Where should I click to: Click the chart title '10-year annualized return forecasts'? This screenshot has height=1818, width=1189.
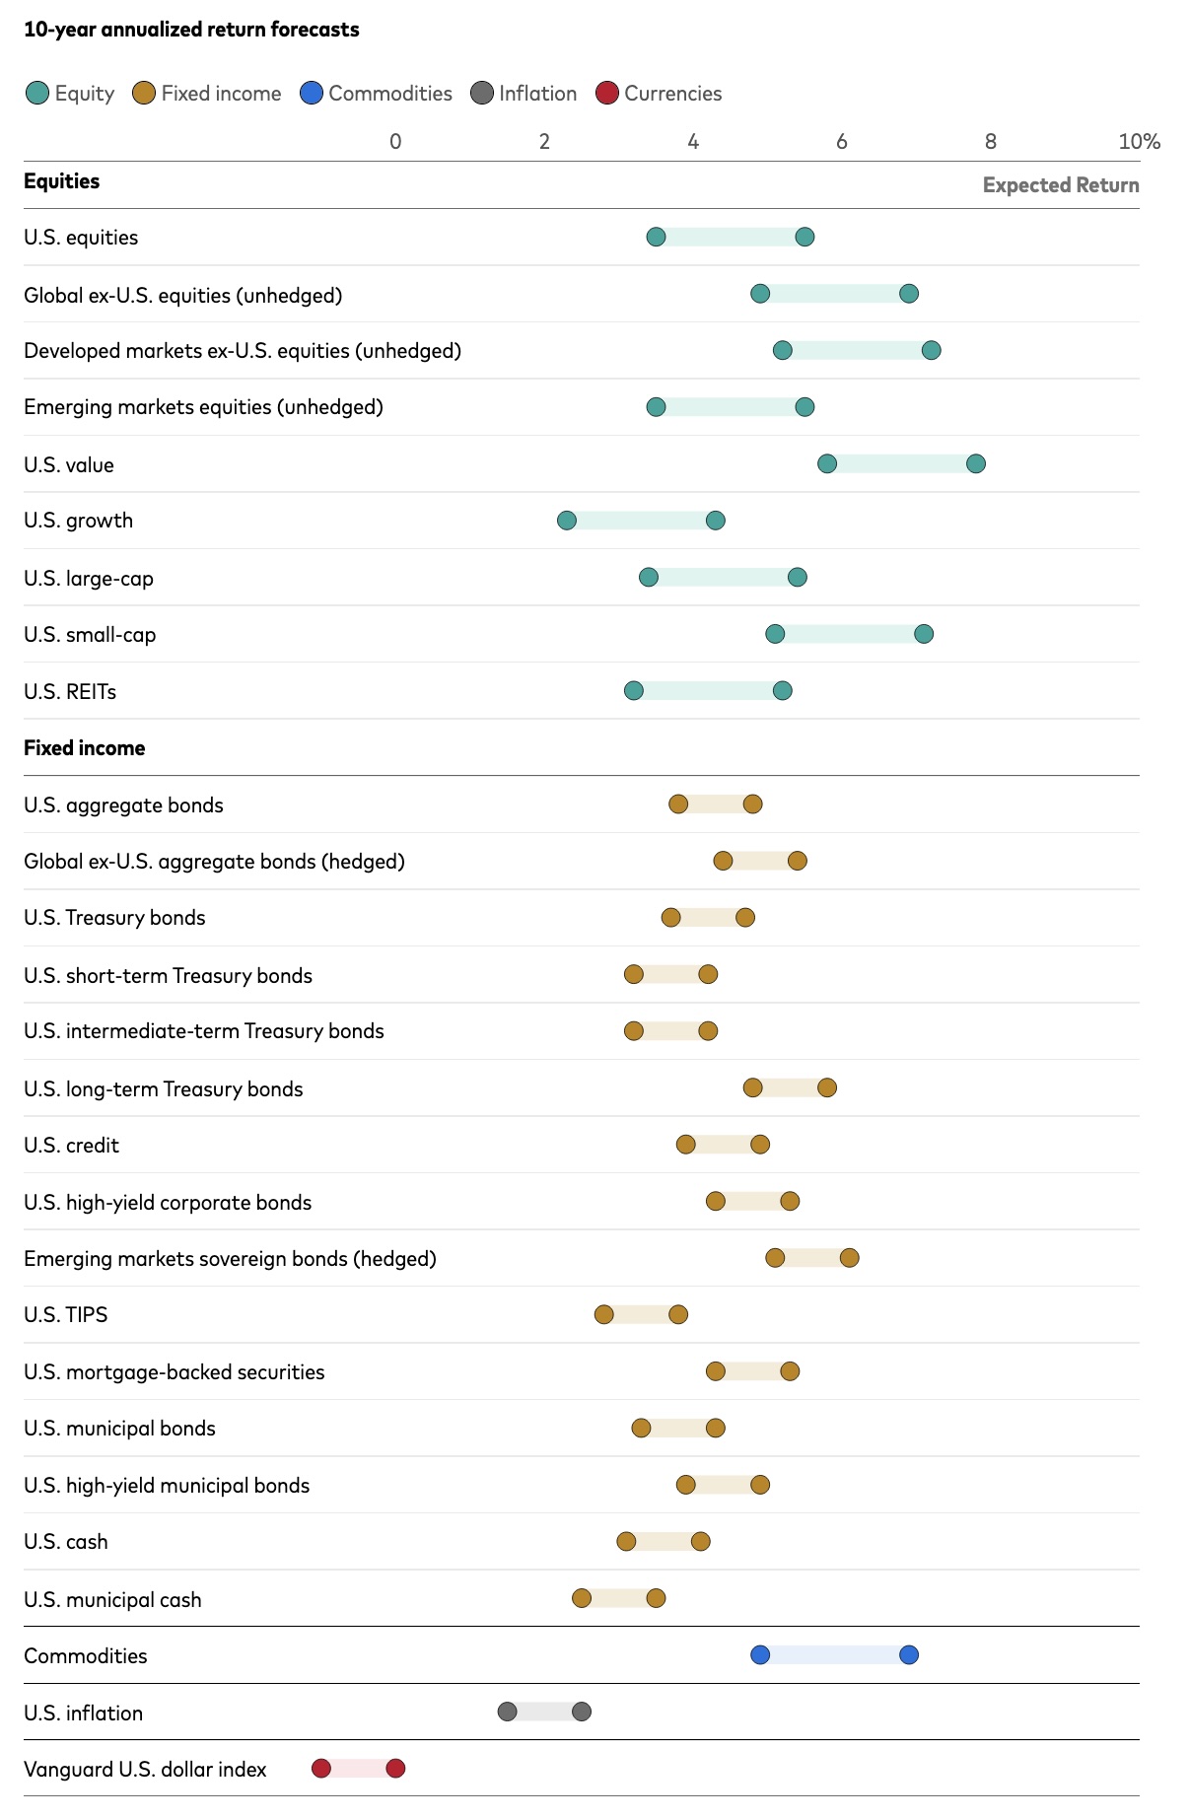191,30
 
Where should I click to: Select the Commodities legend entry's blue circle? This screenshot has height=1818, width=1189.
312,94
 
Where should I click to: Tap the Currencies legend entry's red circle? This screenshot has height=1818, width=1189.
607,94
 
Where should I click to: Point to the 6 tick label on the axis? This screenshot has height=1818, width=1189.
842,141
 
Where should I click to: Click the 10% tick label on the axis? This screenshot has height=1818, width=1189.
1139,141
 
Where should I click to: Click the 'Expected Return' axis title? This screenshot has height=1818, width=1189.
1061,185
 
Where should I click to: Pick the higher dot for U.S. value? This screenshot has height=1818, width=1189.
976,463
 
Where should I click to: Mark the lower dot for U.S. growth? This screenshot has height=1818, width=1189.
567,521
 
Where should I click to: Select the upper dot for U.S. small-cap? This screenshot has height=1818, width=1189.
924,634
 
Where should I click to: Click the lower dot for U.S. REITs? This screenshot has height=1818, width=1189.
634,691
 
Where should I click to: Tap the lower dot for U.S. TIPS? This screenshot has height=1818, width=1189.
604,1314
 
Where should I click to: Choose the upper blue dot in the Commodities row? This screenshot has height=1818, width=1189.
909,1654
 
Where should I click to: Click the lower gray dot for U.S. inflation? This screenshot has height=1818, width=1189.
508,1712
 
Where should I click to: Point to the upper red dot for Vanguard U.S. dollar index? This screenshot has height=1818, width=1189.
395,1769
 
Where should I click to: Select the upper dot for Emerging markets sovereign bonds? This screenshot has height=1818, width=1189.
850,1258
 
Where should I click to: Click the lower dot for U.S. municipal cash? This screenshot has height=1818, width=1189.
582,1598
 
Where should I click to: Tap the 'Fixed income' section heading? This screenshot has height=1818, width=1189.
85,748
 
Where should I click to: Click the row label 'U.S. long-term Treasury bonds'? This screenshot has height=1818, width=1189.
164,1089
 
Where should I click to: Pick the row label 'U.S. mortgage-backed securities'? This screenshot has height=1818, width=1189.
175,1372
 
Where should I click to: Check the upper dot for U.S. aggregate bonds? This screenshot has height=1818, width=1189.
753,804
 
